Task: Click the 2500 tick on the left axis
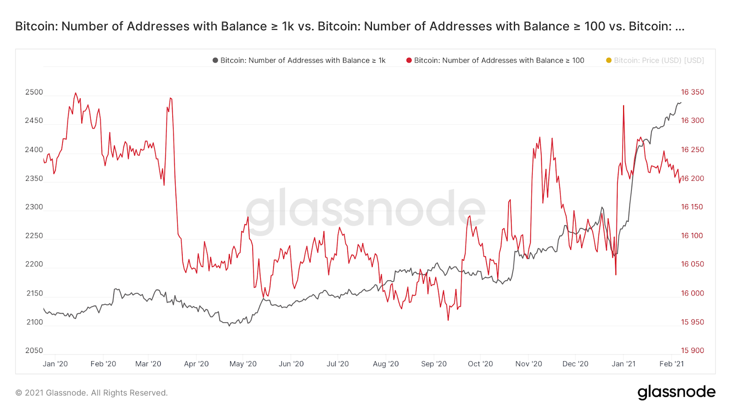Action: (34, 92)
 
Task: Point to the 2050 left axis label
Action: (34, 351)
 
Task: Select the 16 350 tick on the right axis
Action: (692, 92)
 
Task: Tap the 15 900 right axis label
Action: (692, 351)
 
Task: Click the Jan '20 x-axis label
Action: (55, 364)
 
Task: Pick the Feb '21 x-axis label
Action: (672, 364)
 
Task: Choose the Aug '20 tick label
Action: (386, 364)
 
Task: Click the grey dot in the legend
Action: (215, 60)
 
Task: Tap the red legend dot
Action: (409, 60)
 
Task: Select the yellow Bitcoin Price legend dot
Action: (609, 60)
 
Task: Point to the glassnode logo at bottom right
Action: (676, 392)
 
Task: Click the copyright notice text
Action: (91, 393)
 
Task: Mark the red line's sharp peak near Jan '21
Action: (623, 106)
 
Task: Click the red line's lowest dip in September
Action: (448, 320)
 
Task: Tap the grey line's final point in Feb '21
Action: (681, 103)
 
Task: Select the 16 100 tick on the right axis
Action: (692, 236)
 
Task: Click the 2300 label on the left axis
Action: (34, 207)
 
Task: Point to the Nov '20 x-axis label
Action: (529, 364)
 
